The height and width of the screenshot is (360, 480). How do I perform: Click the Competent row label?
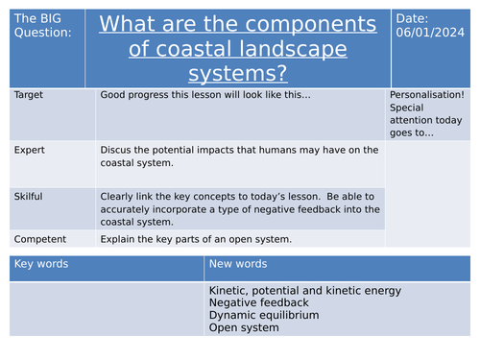coord(37,237)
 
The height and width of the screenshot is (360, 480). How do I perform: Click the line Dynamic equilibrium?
coord(263,315)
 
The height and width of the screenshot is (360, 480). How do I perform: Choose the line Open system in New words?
coord(244,327)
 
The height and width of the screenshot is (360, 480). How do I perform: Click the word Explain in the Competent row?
coord(117,237)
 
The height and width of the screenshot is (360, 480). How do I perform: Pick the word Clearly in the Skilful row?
coord(117,194)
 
